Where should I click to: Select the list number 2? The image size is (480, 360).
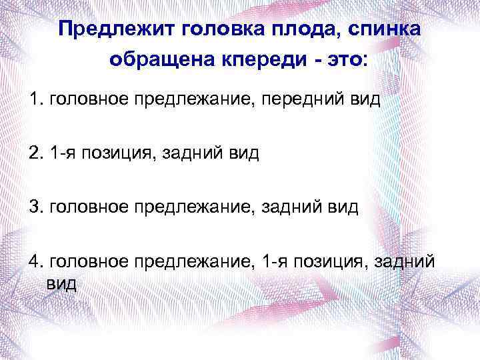click(x=35, y=153)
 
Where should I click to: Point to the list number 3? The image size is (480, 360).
click(x=35, y=207)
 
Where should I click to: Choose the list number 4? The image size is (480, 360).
click(x=35, y=260)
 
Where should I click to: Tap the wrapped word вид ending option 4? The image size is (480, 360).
click(x=62, y=283)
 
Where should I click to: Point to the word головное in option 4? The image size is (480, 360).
click(x=88, y=260)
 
